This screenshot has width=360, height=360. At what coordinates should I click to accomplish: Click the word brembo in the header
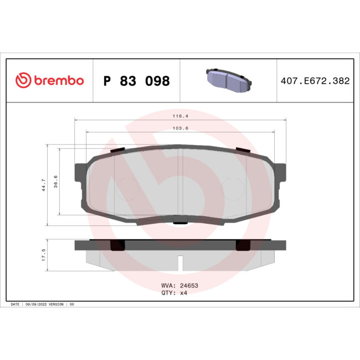(x=58, y=81)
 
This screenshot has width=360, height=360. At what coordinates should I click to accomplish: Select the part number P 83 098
(x=137, y=81)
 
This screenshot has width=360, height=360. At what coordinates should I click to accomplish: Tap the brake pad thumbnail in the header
(x=228, y=80)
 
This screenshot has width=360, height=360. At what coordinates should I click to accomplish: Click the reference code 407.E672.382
(x=315, y=81)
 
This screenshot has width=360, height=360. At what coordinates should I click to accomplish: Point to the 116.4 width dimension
(x=180, y=117)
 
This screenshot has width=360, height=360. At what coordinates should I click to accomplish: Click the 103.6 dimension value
(x=180, y=128)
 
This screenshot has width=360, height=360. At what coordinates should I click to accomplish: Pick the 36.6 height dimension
(x=56, y=181)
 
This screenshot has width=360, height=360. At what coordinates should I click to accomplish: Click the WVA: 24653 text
(x=179, y=286)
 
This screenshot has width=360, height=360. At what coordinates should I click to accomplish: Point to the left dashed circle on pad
(x=127, y=189)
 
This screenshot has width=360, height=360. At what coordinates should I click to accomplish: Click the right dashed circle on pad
(x=233, y=189)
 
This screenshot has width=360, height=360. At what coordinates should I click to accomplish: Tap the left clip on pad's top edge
(x=117, y=150)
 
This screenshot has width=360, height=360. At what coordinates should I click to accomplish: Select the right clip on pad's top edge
(x=243, y=150)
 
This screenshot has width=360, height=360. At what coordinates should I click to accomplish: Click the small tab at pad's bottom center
(x=180, y=223)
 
